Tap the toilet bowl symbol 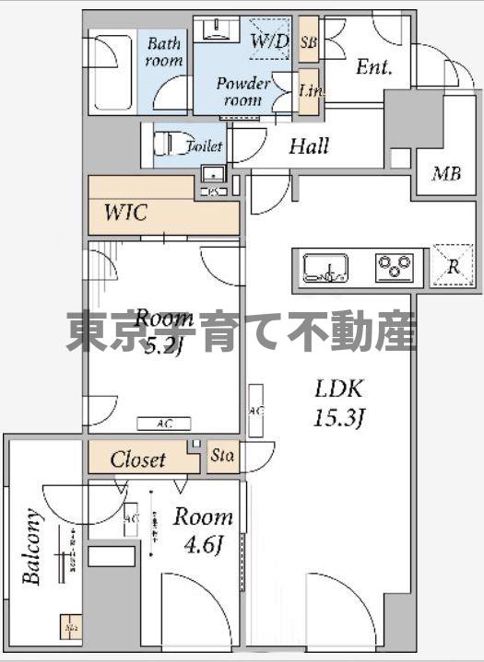[166, 145]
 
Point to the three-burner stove [394, 268]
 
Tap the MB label [447, 173]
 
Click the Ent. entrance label [374, 67]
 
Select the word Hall [308, 146]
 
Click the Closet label [138, 459]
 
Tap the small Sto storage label [221, 455]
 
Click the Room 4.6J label [203, 529]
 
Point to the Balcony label [32, 548]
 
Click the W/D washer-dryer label [269, 41]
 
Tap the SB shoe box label [309, 41]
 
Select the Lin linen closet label [309, 90]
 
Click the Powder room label [243, 91]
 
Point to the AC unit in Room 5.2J [163, 424]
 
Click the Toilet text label [204, 146]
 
